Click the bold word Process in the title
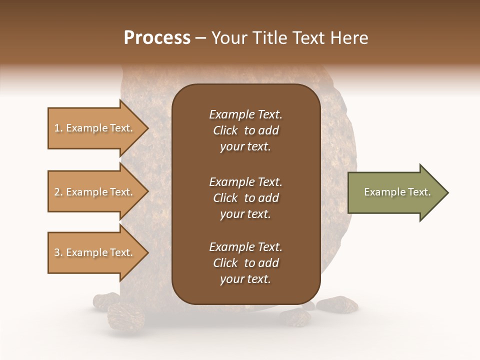[157, 38]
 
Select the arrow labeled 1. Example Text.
[95, 128]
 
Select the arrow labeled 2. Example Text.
[95, 192]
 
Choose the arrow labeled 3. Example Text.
[95, 252]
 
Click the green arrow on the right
[395, 192]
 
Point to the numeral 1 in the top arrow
[57, 128]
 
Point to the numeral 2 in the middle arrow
[57, 192]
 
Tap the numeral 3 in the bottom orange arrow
[57, 252]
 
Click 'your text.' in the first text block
[245, 147]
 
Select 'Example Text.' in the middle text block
[245, 181]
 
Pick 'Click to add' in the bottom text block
[245, 263]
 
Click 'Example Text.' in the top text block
[245, 114]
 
